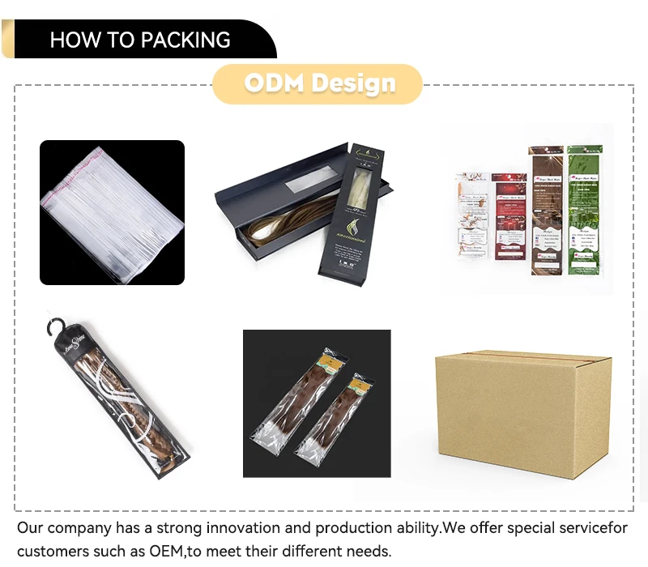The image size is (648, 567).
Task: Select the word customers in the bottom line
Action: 54,552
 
